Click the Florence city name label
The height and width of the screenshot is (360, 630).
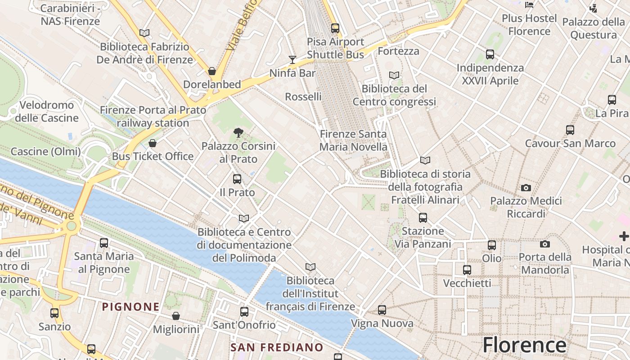pyautogui.click(x=524, y=345)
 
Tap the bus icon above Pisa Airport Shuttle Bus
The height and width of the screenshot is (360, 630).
pyautogui.click(x=335, y=28)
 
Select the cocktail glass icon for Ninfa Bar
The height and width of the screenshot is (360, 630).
pyautogui.click(x=292, y=60)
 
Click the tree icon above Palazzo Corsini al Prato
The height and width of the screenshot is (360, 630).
pyautogui.click(x=238, y=133)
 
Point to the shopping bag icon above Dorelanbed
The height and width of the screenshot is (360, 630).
pyautogui.click(x=212, y=71)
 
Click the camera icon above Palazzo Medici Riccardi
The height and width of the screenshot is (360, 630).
pyautogui.click(x=526, y=188)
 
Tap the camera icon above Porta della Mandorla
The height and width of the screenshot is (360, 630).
pyautogui.click(x=545, y=244)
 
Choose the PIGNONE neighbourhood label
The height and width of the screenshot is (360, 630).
pyautogui.click(x=130, y=307)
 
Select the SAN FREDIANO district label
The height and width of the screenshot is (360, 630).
pyautogui.click(x=277, y=347)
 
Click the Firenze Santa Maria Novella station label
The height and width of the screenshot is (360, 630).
pyautogui.click(x=353, y=140)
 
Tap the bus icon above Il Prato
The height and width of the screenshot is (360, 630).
pyautogui.click(x=237, y=179)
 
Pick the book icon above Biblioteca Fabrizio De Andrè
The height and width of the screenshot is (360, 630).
pyautogui.click(x=144, y=33)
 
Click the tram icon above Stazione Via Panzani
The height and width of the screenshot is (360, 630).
pyautogui.click(x=423, y=218)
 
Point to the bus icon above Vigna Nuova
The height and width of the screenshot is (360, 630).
pyautogui.click(x=382, y=310)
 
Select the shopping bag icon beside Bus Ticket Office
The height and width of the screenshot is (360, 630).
pyautogui.click(x=153, y=143)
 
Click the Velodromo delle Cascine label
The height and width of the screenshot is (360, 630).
pyautogui.click(x=47, y=112)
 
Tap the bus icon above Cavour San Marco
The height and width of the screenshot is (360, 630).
pyautogui.click(x=570, y=130)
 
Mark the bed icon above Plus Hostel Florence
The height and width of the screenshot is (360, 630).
pyautogui.click(x=530, y=5)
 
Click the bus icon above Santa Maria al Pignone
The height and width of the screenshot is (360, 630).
pyautogui.click(x=104, y=243)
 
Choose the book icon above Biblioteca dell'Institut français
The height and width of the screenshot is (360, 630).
pyautogui.click(x=310, y=267)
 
